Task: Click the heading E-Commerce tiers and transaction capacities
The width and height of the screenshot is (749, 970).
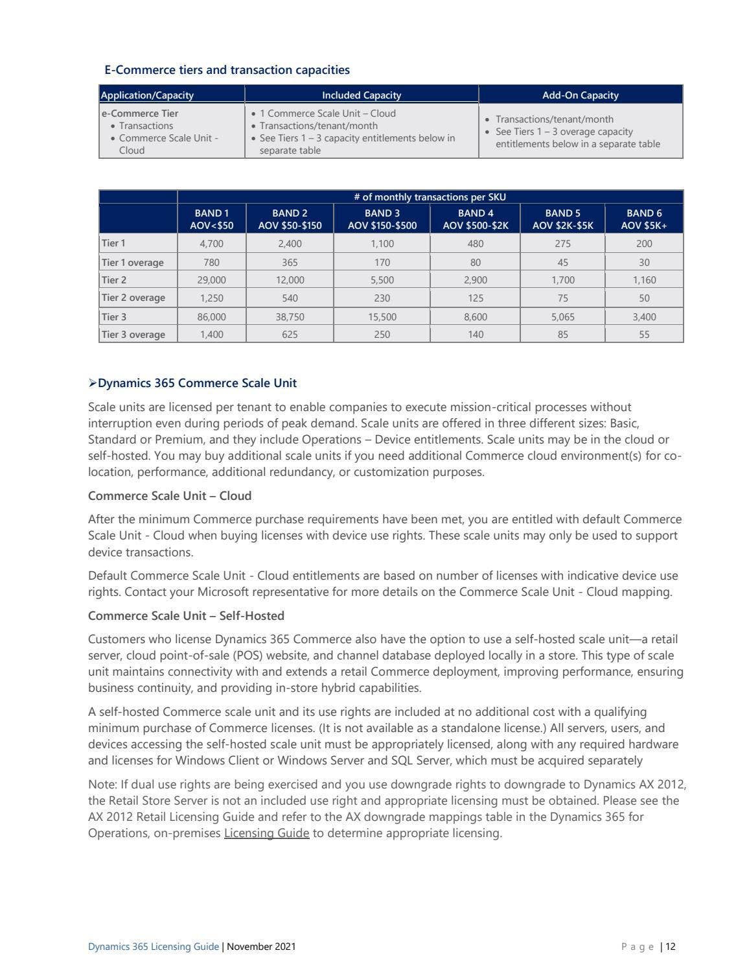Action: [x=227, y=70]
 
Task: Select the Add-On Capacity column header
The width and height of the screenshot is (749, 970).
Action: [x=580, y=95]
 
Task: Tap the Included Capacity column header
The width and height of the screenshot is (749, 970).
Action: [x=362, y=95]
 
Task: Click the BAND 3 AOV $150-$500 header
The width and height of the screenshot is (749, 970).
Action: [x=382, y=219]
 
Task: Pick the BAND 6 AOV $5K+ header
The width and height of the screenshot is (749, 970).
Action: [x=643, y=219]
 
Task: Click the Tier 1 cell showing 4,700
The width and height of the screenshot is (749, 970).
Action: [x=211, y=244]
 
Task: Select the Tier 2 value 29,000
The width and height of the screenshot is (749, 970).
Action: [x=211, y=280]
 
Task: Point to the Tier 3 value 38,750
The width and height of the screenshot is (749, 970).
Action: [x=290, y=317]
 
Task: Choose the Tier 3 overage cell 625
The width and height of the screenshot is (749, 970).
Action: [x=290, y=335]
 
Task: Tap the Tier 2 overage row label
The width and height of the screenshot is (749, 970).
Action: [x=133, y=298]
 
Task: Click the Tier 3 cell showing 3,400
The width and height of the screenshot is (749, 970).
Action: [x=643, y=317]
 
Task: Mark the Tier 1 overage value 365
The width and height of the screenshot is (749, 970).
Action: [x=290, y=263]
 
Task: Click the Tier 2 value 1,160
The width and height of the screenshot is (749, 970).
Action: [x=643, y=280]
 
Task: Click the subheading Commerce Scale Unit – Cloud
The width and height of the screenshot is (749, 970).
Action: [x=170, y=496]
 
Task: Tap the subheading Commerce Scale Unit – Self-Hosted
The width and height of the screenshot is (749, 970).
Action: [x=186, y=616]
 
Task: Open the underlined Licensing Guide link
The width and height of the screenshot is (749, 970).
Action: [x=266, y=833]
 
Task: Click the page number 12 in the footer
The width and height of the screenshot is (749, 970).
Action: [x=670, y=947]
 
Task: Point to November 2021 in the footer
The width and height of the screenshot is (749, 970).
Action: [x=261, y=947]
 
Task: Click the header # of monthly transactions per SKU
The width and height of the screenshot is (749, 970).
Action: [x=430, y=197]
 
